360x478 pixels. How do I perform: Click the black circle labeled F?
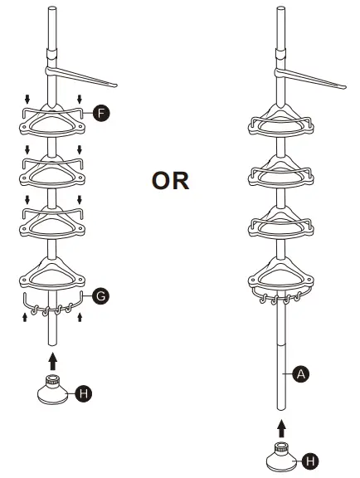(101, 114)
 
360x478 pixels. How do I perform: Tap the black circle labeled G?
(101, 296)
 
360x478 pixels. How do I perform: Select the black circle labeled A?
(301, 373)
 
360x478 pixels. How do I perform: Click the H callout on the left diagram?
(84, 393)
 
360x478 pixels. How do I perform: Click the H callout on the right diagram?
(310, 461)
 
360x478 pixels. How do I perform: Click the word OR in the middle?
(170, 181)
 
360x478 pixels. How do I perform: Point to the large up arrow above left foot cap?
(53, 361)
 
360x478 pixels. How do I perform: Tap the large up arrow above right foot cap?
(282, 428)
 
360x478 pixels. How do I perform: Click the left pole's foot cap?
(53, 389)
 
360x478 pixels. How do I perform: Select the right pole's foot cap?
(282, 456)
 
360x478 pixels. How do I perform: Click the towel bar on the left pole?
(80, 77)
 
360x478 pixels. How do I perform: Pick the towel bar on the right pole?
(309, 78)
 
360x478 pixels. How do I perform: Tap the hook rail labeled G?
(53, 305)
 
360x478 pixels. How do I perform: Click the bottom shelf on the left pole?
(52, 274)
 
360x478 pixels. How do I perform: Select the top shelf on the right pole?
(281, 120)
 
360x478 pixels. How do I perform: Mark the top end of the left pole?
(52, 8)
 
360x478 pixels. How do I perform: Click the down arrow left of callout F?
(27, 100)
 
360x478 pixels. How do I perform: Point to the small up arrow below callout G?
(80, 317)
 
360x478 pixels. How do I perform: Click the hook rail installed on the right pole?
(280, 295)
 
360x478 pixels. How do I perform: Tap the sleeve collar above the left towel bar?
(51, 54)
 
